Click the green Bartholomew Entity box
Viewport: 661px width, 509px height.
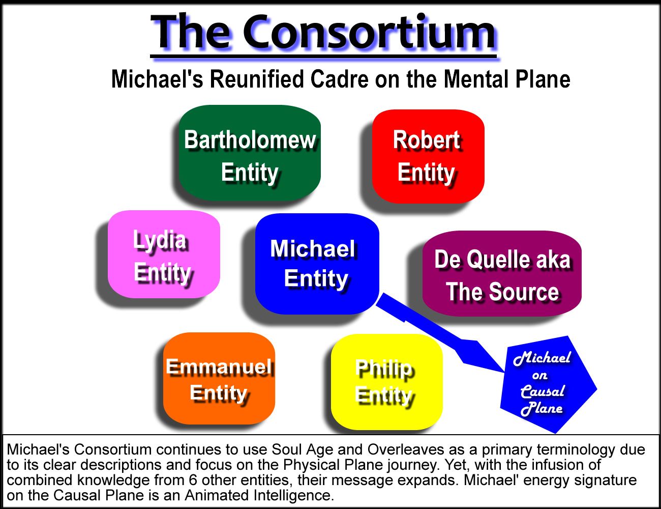coord(249,153)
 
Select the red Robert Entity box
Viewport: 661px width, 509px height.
coord(428,156)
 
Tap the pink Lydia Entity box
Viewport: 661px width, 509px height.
coord(164,254)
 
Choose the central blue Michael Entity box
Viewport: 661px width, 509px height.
coord(317,263)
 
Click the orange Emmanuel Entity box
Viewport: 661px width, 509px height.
coord(219,379)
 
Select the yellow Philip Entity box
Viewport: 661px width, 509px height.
coord(386,382)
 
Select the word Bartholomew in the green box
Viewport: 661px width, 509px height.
coord(250,140)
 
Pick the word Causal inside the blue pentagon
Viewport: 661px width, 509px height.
coord(543,391)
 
